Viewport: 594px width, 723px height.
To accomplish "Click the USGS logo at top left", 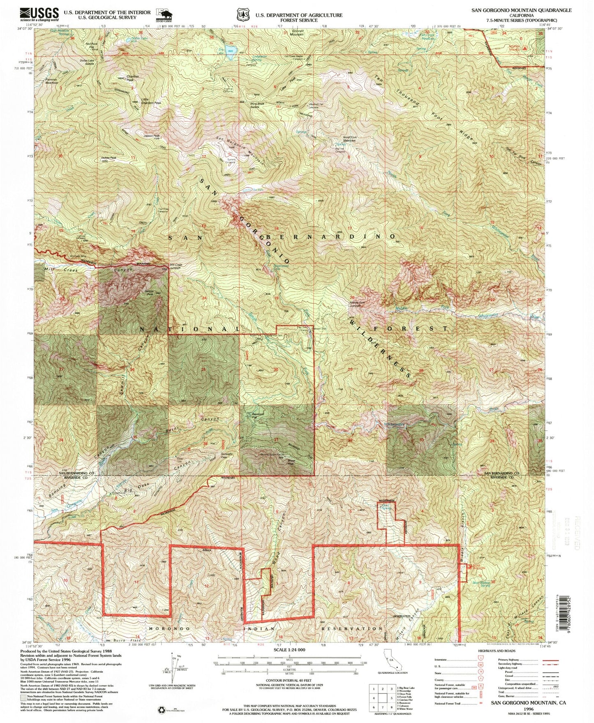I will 39,14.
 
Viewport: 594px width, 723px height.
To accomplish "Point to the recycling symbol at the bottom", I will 160,709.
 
